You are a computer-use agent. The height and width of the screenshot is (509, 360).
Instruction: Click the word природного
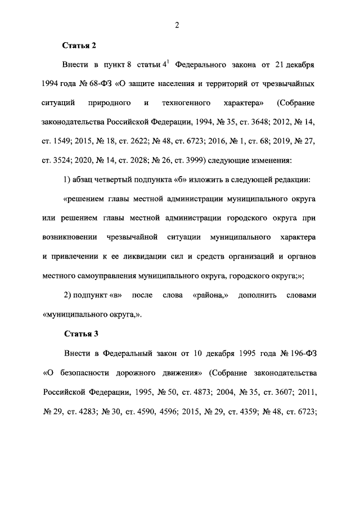(x=109, y=103)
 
